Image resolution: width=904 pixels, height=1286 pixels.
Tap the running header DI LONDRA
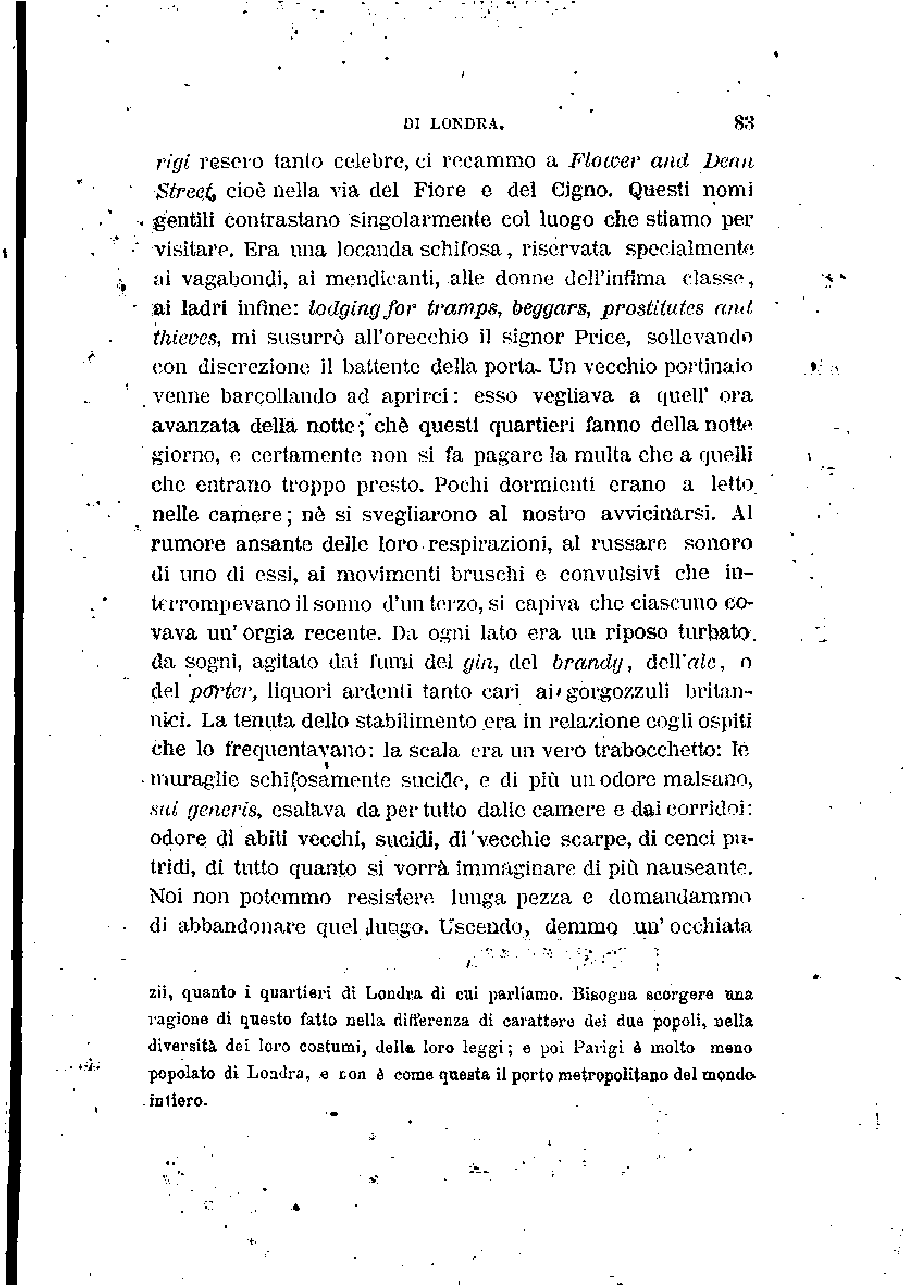tap(454, 125)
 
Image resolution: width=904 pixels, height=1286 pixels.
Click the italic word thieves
tap(185, 337)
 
